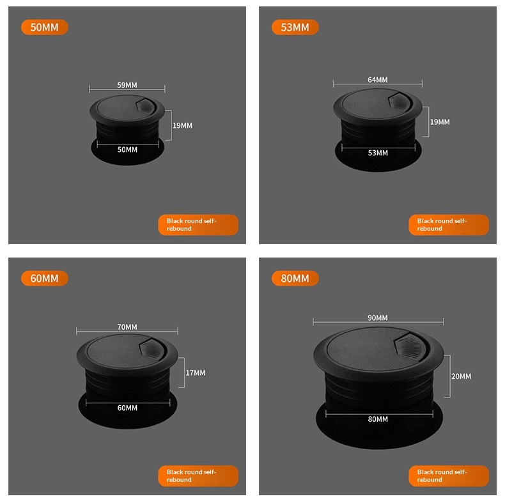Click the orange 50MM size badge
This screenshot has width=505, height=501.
45,27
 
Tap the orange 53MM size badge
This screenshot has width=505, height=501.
295,27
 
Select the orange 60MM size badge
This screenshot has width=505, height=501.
45,278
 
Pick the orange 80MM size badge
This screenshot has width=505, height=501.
295,278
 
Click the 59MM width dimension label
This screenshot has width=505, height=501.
127,85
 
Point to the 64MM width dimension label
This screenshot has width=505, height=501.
378,79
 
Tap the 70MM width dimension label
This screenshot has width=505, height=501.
127,327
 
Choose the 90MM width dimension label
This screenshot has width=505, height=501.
378,318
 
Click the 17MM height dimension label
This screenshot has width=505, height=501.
196,373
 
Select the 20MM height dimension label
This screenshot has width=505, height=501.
461,376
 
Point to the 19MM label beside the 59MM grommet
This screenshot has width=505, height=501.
182,125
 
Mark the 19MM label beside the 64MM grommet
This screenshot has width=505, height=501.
440,121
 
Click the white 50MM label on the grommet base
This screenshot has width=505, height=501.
127,150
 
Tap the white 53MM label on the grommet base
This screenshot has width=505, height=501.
378,153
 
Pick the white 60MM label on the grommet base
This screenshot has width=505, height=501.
127,408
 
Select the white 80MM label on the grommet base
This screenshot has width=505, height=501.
378,419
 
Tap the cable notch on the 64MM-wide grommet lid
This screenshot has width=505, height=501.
400,102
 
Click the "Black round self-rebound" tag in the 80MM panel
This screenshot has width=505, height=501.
449,476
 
